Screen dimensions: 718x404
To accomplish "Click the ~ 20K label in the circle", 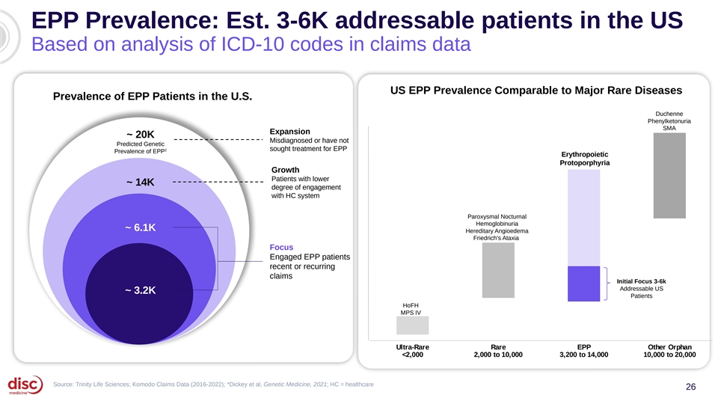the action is pyautogui.click(x=141, y=134).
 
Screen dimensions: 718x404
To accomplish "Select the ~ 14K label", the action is pyautogui.click(x=141, y=183).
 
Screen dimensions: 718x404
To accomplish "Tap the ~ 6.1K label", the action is pyautogui.click(x=141, y=227).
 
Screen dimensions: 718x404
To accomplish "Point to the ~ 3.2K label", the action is pyautogui.click(x=141, y=290).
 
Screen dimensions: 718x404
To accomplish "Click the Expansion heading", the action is pyautogui.click(x=290, y=132).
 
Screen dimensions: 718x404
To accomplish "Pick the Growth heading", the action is pyautogui.click(x=285, y=170).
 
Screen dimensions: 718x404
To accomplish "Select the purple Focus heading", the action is pyautogui.click(x=281, y=248).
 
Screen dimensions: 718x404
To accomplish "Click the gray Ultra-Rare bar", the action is pyautogui.click(x=413, y=325).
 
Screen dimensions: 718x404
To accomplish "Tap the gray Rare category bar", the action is pyautogui.click(x=498, y=270).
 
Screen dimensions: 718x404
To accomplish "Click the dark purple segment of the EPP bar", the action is pyautogui.click(x=584, y=284).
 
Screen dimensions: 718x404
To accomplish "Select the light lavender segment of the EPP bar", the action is pyautogui.click(x=584, y=218).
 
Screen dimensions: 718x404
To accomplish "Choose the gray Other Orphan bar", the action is pyautogui.click(x=669, y=175).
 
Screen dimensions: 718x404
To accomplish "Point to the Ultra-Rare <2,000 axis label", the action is pyautogui.click(x=413, y=351).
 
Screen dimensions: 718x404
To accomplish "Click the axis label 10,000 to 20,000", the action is pyautogui.click(x=669, y=355).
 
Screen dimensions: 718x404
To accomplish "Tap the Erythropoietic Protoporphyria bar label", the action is pyautogui.click(x=585, y=159).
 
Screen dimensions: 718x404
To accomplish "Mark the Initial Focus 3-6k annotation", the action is pyautogui.click(x=641, y=281).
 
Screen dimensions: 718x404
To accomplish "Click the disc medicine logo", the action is pyautogui.click(x=25, y=385).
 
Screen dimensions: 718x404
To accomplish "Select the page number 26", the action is pyautogui.click(x=690, y=387).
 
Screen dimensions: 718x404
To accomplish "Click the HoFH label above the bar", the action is pyautogui.click(x=411, y=305).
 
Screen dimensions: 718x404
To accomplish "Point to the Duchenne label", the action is pyautogui.click(x=669, y=114).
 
